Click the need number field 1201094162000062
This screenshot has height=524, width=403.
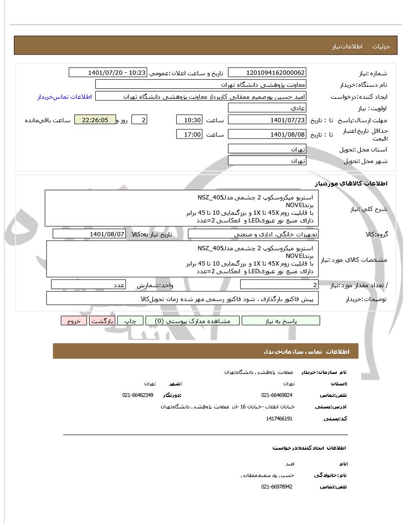267,73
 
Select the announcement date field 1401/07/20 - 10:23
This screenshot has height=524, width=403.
108,73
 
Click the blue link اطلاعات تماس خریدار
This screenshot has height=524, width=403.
65,97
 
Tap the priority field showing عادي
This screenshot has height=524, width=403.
267,108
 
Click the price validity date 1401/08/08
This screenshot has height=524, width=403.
267,135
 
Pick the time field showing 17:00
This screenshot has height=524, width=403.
189,135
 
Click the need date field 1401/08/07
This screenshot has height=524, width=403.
89,234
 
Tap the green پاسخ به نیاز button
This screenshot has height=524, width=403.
281,321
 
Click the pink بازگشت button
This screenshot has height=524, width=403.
102,321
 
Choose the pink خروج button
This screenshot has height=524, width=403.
74,321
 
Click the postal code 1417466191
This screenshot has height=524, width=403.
279,419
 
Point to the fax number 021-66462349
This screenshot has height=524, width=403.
138,395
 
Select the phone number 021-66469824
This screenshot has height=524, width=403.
277,395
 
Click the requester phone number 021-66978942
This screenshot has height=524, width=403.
277,487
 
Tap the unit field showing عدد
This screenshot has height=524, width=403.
89,285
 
